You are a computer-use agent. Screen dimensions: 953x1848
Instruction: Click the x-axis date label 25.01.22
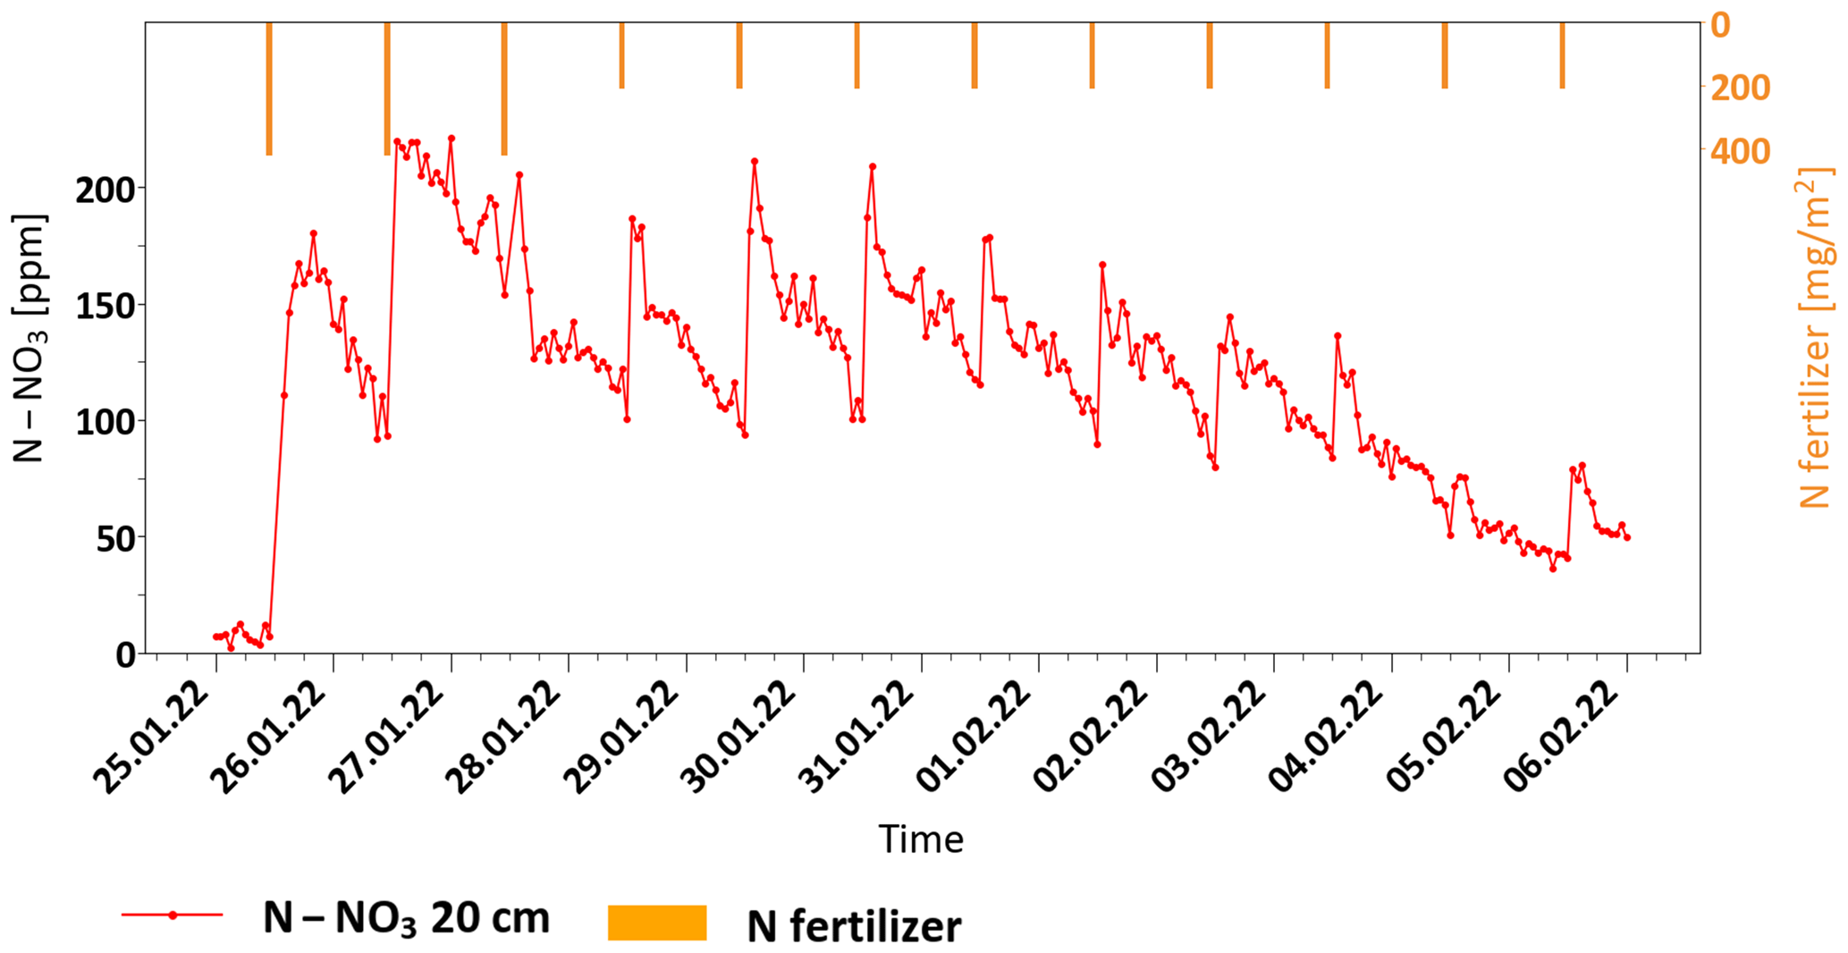coord(156,738)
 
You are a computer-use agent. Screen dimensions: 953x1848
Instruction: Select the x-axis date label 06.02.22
coord(1568,738)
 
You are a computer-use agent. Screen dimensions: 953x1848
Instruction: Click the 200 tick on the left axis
coord(105,190)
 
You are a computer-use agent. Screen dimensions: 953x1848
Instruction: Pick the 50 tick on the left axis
coord(116,538)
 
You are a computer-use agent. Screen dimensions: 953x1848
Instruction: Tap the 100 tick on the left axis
coord(105,422)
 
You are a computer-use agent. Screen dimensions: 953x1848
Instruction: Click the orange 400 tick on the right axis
coord(1740,151)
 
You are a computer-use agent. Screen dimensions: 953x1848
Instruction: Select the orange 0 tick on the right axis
coord(1720,25)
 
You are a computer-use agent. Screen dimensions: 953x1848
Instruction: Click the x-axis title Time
coord(921,839)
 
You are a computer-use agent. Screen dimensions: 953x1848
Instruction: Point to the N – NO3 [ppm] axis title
coord(30,338)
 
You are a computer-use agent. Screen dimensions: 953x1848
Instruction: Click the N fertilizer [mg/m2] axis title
coord(1815,338)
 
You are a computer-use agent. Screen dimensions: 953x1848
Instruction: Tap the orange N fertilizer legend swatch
coord(657,923)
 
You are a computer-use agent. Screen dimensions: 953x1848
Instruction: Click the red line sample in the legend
coord(173,915)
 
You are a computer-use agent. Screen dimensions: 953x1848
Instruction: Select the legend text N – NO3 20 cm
coord(406,919)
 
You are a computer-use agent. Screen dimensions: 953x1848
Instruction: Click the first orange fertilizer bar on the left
coord(269,89)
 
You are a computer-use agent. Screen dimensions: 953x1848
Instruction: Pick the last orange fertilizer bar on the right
coord(1562,55)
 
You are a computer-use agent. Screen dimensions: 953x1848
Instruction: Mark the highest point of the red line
coord(451,139)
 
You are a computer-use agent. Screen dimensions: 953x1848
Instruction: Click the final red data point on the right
coord(1627,537)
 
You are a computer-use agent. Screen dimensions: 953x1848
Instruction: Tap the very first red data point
coord(215,637)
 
